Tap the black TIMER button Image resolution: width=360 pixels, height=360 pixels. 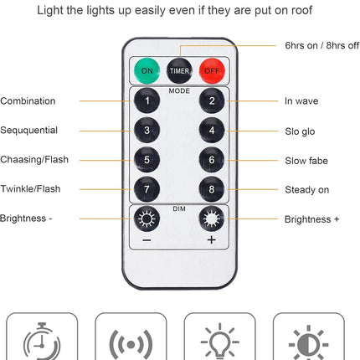(179, 70)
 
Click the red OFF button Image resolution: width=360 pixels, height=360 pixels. (212, 70)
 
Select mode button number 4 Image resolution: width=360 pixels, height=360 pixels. (212, 130)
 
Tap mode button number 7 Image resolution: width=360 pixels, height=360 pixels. (147, 189)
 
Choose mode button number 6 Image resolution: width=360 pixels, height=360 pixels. (212, 160)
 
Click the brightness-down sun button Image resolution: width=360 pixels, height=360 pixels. (147, 219)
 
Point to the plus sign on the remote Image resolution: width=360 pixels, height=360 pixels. (212, 239)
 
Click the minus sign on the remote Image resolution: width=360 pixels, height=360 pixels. (147, 240)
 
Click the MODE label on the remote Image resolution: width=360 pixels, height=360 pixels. (179, 91)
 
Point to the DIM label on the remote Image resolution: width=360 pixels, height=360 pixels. (179, 208)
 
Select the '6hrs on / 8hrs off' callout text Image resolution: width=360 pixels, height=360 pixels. (322, 45)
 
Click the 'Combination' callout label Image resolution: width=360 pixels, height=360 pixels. (28, 101)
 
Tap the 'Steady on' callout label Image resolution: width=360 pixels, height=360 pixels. (307, 190)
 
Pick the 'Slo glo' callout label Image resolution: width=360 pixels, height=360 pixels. (300, 131)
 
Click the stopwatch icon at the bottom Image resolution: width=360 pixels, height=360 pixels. (42, 342)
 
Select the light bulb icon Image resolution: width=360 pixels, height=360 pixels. (220, 342)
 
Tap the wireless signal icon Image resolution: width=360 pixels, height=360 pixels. (131, 345)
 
